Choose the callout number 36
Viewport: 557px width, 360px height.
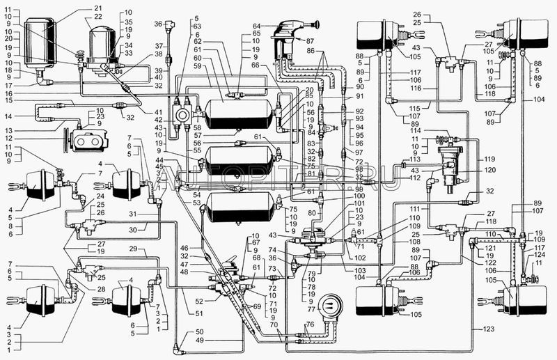click(158, 24)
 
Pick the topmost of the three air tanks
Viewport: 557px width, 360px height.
click(235, 115)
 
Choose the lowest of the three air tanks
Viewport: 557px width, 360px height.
click(235, 208)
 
